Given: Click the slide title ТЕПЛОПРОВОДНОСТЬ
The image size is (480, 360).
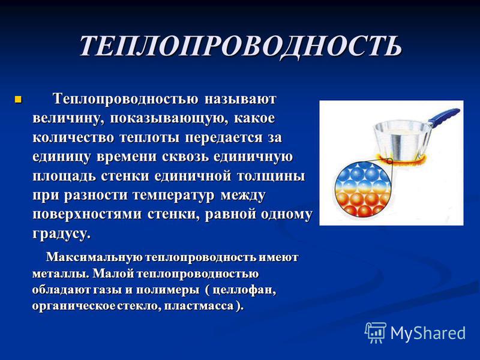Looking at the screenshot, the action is tap(241, 46).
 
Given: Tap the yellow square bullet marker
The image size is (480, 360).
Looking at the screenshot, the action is tap(19, 100).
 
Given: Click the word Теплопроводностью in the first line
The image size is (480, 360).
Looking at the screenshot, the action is tap(125, 99).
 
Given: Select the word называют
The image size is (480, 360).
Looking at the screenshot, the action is tap(241, 100).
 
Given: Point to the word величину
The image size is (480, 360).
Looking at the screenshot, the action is tap(67, 119).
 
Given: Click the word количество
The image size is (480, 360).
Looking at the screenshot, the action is tap(73, 138).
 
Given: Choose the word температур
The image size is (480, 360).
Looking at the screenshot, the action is tap(173, 196).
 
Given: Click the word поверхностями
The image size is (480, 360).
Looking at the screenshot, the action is tap(87, 214).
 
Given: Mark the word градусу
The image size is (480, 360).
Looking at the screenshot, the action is tap(62, 234).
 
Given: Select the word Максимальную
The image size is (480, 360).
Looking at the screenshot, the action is tap(95, 257).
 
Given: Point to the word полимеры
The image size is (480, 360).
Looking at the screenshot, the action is tap(167, 290).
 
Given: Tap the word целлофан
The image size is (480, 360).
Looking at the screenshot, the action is tap(244, 290).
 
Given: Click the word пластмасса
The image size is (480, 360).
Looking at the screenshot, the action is tap(199, 306).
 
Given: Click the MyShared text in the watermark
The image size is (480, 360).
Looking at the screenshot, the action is tap(428, 332).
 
